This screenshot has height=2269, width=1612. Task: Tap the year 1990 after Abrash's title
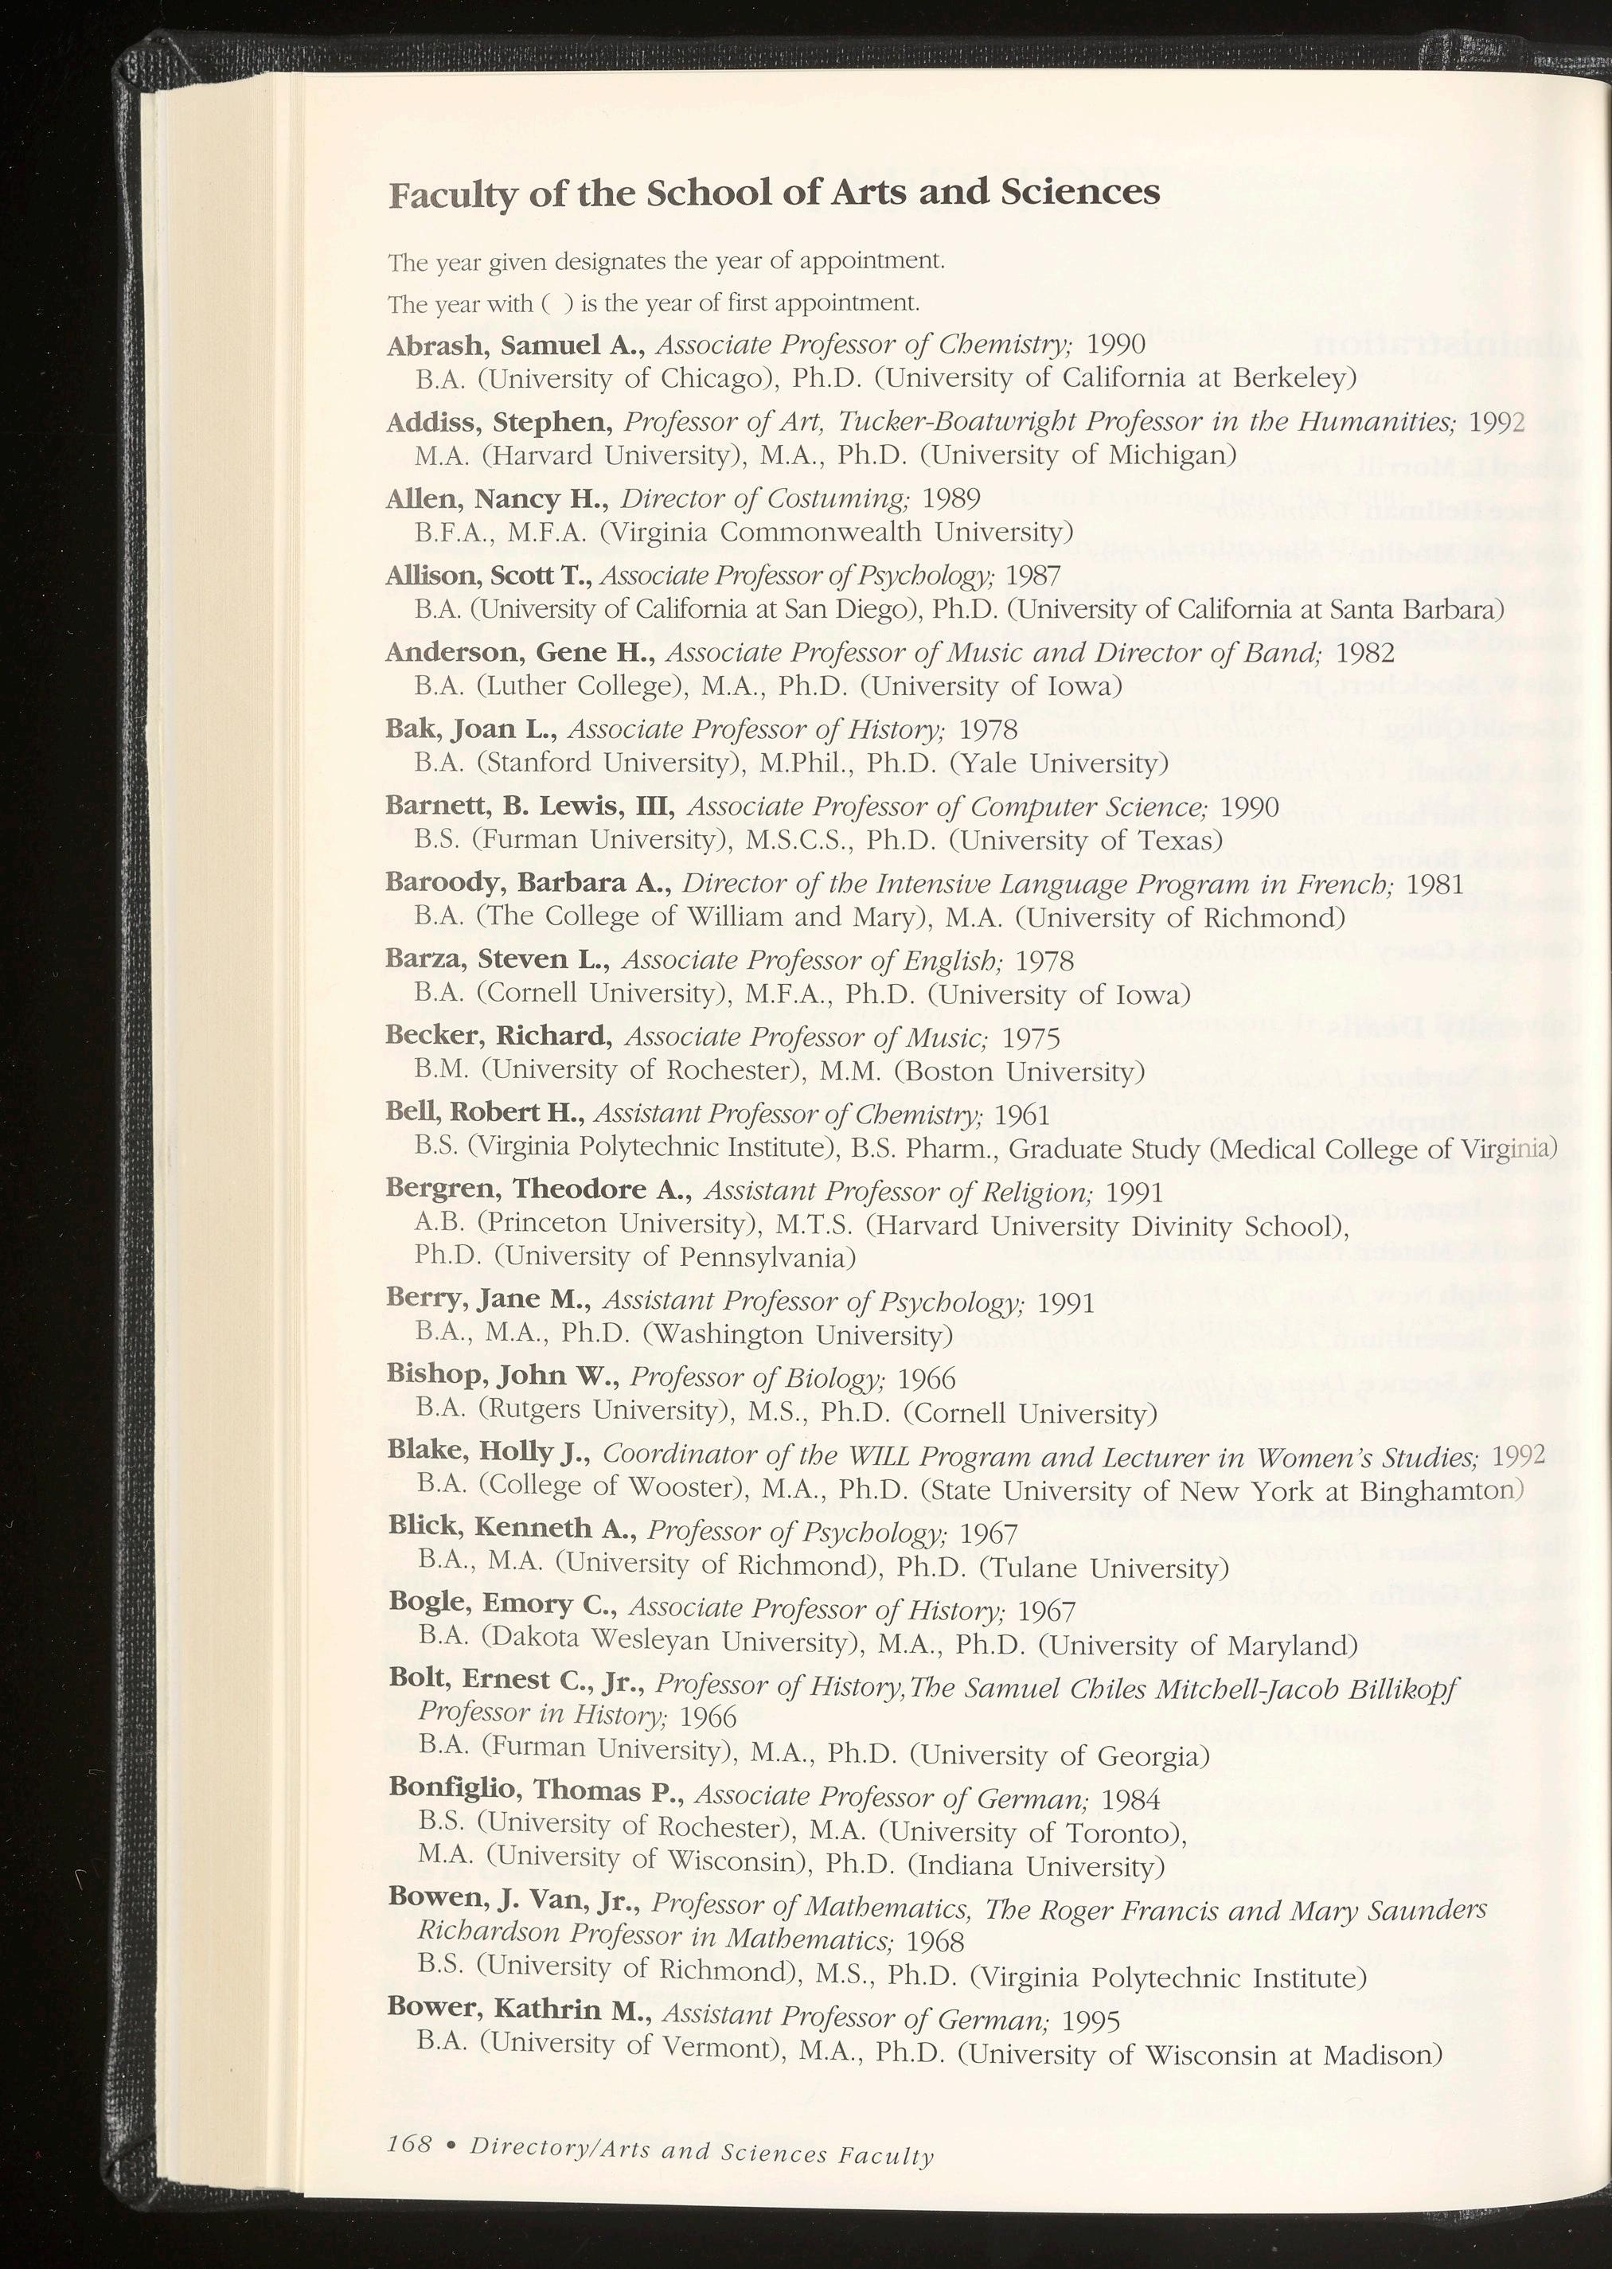point(1117,345)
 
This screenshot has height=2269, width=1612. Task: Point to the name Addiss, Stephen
point(499,423)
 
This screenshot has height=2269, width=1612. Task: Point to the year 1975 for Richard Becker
point(1030,1038)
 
